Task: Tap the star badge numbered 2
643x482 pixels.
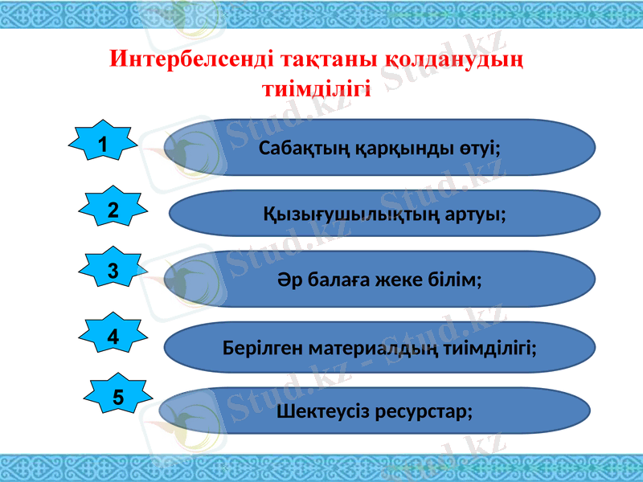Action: (x=113, y=210)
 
